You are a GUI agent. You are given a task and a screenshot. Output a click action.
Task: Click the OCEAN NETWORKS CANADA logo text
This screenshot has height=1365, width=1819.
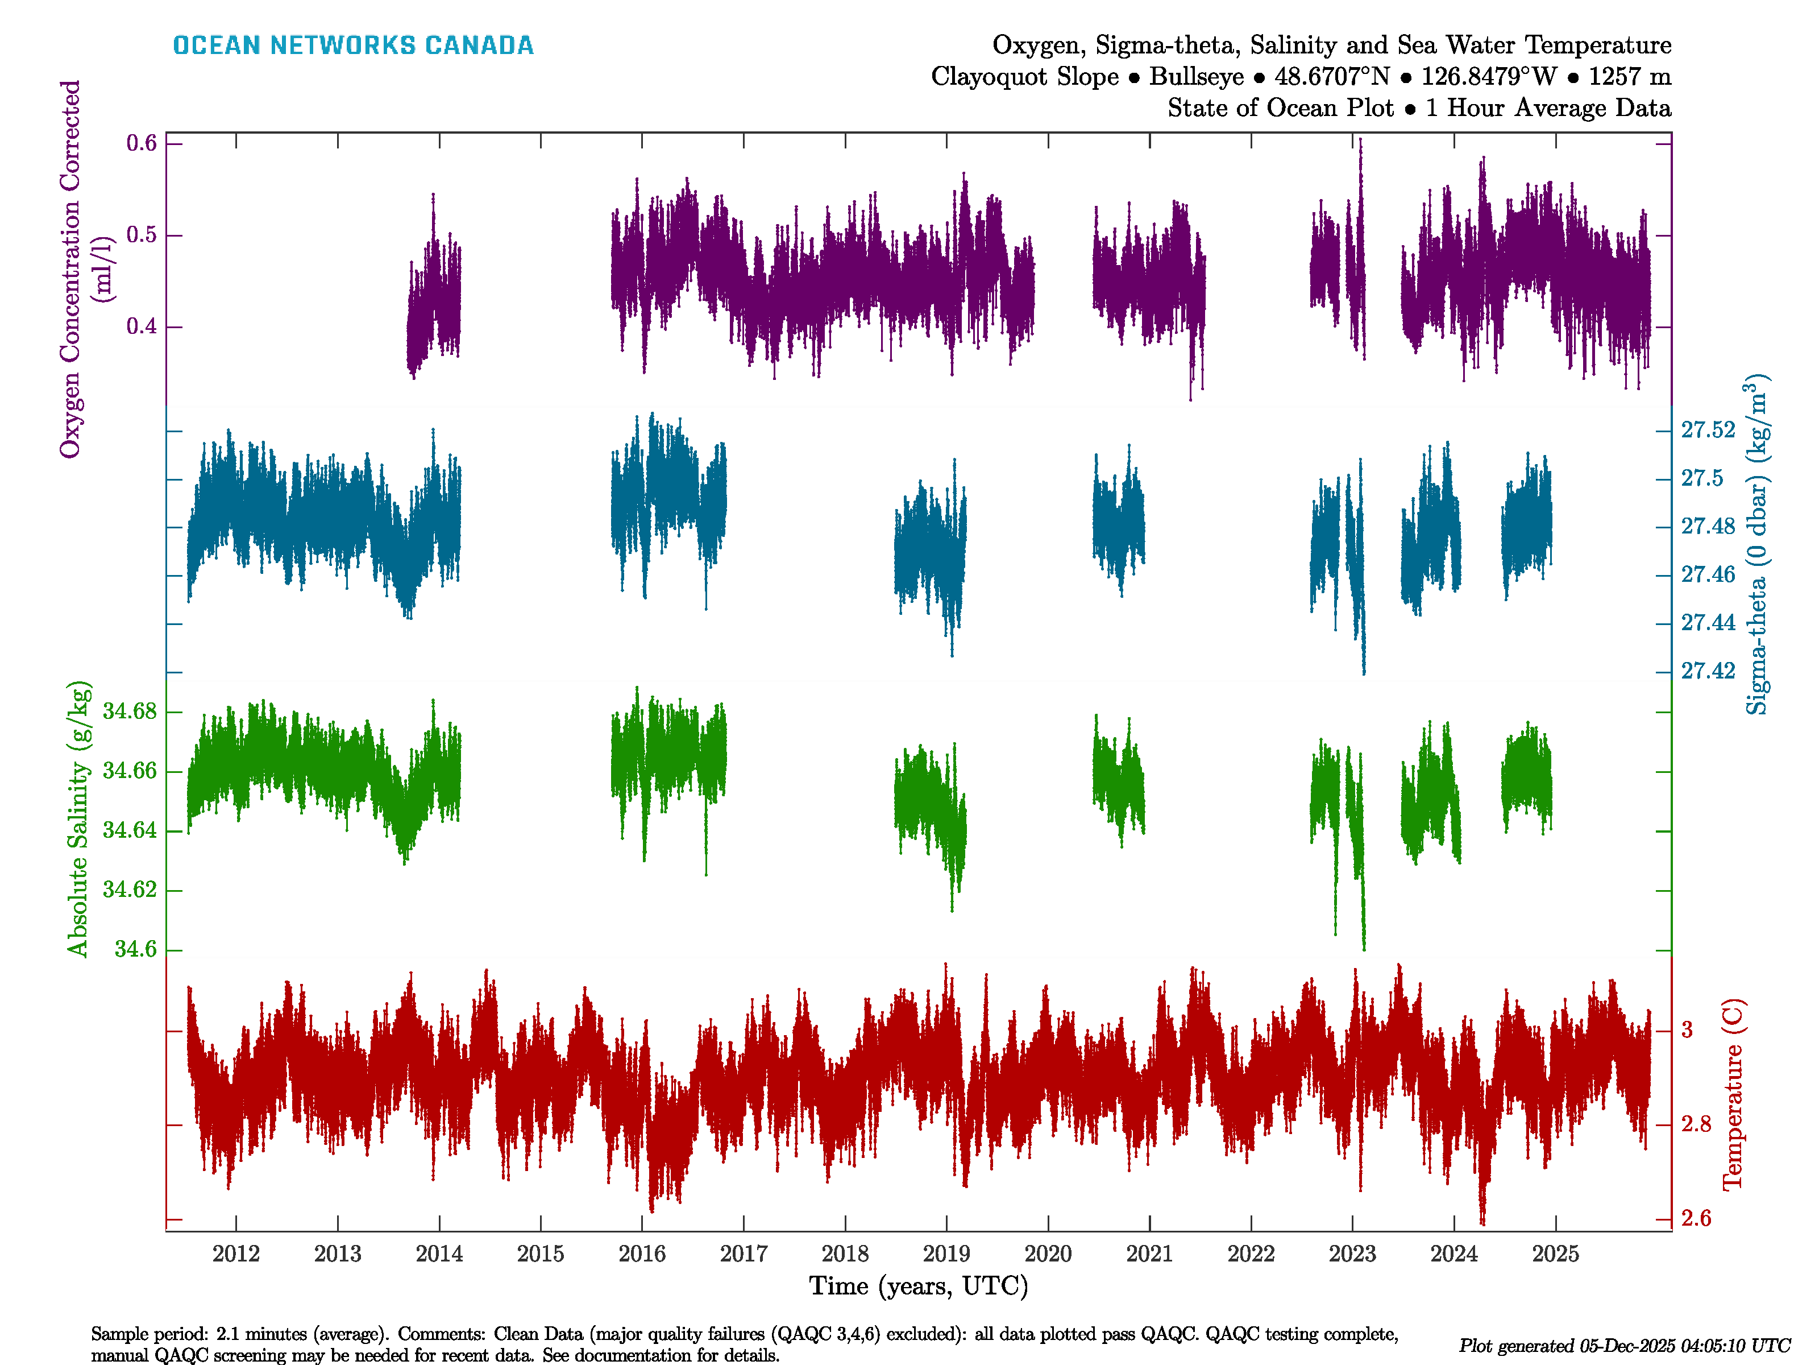click(353, 45)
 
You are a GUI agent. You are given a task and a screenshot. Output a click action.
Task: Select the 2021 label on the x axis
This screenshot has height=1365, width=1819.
click(1149, 1254)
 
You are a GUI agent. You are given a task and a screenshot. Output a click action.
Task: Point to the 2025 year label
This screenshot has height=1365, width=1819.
click(1555, 1254)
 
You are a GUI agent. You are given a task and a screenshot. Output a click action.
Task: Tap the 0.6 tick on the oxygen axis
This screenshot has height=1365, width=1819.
click(142, 143)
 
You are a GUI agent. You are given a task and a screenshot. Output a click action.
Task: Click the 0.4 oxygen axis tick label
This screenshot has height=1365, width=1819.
click(142, 326)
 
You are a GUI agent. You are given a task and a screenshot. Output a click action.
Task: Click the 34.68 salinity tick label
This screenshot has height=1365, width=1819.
click(129, 712)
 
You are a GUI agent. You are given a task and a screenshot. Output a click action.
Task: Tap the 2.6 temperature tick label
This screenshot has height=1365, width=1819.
click(1696, 1218)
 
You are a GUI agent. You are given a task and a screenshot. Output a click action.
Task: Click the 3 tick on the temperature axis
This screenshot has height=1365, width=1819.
click(1687, 1030)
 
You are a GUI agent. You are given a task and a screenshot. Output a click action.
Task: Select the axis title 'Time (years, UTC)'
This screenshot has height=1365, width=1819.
click(919, 1286)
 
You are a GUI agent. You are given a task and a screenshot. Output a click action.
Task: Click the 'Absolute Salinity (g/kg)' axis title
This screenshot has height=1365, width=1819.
click(78, 818)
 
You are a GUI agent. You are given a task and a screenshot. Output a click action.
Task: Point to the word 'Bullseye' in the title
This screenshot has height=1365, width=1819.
click(1197, 77)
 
